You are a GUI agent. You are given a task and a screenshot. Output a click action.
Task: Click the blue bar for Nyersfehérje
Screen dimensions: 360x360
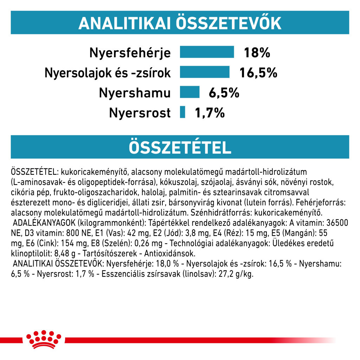click(207, 52)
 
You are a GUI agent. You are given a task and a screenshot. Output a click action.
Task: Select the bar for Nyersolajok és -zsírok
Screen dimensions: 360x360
click(205, 72)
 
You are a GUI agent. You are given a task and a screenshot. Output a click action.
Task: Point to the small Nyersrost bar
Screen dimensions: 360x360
click(182, 112)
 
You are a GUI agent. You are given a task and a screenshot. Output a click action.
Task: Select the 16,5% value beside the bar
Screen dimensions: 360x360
click(258, 73)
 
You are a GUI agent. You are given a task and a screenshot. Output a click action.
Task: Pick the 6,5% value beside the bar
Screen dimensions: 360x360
click(224, 93)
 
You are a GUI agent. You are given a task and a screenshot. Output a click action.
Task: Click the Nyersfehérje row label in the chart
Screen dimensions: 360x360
click(130, 53)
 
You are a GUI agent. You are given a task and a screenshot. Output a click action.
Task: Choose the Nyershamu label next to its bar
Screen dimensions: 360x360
click(135, 93)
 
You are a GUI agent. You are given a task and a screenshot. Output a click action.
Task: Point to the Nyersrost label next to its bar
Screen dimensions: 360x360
click(140, 113)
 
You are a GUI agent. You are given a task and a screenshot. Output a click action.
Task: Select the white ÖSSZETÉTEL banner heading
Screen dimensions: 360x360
click(180, 148)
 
